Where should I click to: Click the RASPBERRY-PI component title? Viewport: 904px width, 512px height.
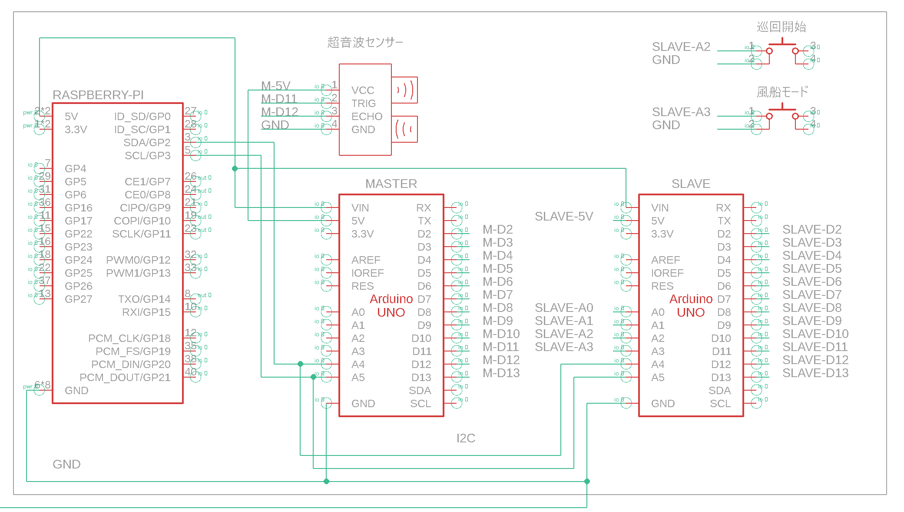[98, 95]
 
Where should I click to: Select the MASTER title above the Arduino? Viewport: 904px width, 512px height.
[391, 184]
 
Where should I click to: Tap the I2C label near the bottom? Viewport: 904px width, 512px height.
[466, 438]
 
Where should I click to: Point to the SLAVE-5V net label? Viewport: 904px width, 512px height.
[563, 216]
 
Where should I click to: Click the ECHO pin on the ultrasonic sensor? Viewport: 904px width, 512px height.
[367, 117]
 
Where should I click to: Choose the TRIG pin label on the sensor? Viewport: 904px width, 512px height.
[364, 104]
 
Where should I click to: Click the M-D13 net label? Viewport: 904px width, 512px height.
[501, 373]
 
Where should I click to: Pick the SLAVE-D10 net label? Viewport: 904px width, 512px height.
[815, 334]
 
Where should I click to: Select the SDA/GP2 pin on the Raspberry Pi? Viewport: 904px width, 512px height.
[147, 143]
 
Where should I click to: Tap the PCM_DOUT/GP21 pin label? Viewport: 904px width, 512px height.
[125, 377]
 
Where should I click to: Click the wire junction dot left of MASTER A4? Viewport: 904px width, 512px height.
[300, 364]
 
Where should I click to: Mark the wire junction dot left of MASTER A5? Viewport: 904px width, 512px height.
[313, 377]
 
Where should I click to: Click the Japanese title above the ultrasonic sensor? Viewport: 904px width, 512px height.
[365, 42]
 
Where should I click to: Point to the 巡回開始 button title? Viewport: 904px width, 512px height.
[781, 27]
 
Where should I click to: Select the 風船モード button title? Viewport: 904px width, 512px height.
[782, 92]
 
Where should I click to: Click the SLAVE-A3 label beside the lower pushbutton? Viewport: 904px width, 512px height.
[681, 112]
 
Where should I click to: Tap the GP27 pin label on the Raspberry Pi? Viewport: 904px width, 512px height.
[78, 299]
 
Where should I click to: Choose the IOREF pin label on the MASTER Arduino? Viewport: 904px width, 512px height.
[368, 273]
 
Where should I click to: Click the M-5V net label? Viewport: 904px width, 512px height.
[275, 86]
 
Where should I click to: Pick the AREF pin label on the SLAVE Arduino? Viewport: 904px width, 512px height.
[666, 260]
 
